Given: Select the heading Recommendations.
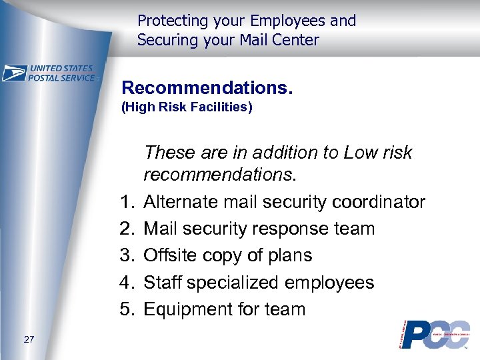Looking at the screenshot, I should coord(207,88).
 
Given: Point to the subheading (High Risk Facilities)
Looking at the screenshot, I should coord(186,107).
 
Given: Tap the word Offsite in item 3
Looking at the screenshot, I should coord(175,255).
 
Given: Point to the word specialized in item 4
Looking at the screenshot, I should coord(233,283).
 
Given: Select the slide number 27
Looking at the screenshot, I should coord(29,340).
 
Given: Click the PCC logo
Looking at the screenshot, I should coord(435,334).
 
